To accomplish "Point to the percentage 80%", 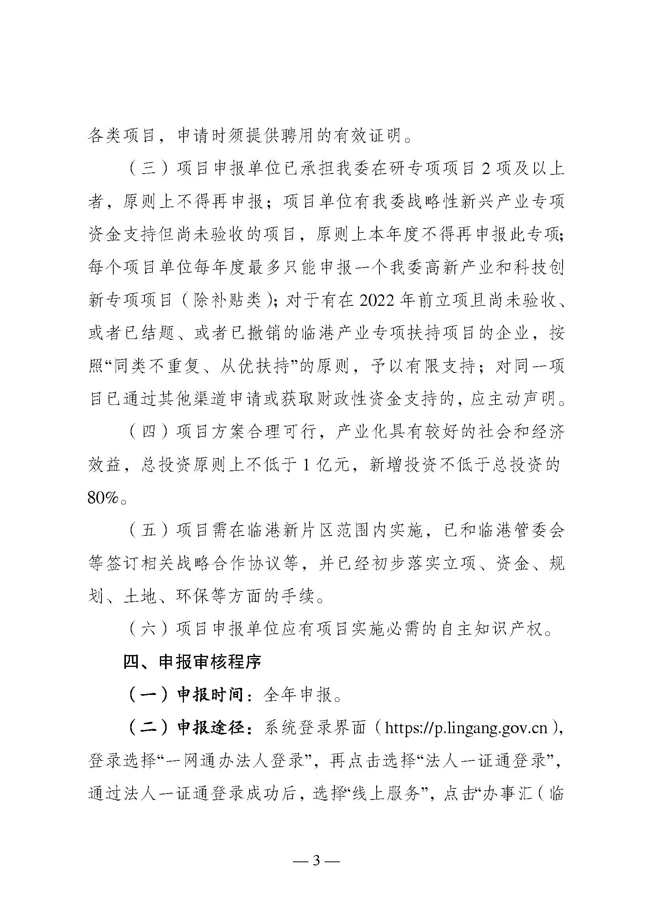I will [104, 498].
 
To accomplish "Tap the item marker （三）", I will [148, 169].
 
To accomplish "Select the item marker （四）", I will [148, 432].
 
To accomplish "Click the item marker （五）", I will [148, 531].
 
